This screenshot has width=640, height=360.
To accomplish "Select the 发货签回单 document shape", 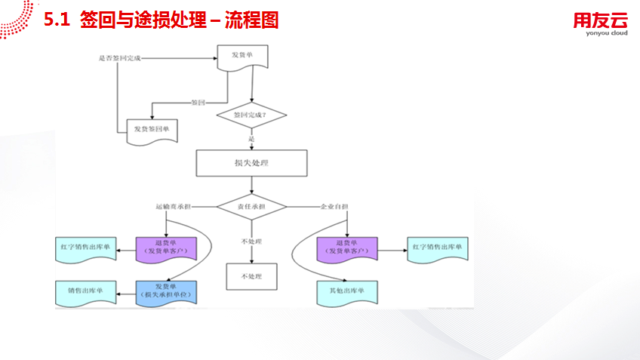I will [x=151, y=129].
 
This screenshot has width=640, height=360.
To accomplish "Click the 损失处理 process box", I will [x=252, y=163].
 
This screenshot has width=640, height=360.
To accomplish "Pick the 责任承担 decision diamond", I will [x=252, y=205].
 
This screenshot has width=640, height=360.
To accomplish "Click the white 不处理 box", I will [x=252, y=276].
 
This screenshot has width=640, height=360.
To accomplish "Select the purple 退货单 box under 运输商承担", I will [x=166, y=247].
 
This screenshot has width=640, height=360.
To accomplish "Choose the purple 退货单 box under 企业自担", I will [x=346, y=247].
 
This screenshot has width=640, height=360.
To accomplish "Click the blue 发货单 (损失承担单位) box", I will [x=166, y=291].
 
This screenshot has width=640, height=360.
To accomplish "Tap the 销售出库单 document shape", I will [x=85, y=291].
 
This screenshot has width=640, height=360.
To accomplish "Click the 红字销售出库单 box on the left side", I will [x=85, y=248].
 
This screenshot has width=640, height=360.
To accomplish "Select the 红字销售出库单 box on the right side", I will [x=438, y=248].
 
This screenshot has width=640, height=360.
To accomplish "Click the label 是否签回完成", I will [x=119, y=58].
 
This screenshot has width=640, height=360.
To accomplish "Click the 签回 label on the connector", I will [x=198, y=102].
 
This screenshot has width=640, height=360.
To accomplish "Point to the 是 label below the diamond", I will [x=251, y=139].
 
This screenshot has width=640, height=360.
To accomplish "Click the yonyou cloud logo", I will [x=599, y=25].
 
